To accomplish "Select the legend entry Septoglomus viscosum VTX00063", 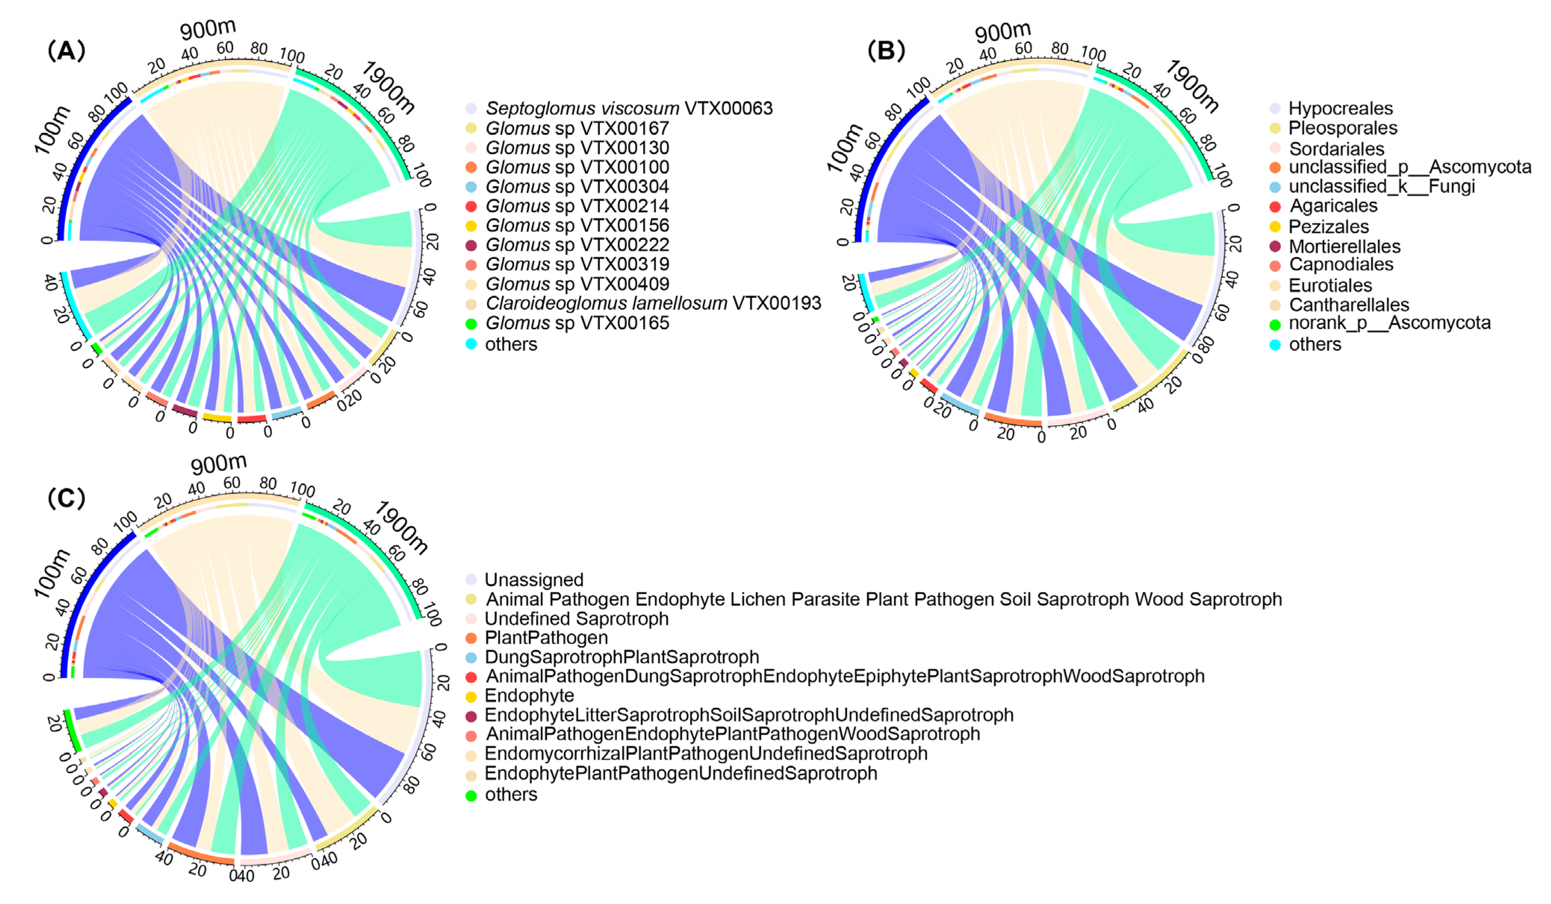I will (628, 108).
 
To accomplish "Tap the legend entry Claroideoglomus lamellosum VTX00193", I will (653, 303).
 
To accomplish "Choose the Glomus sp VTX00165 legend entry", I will (577, 323).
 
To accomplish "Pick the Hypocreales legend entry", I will (1340, 108).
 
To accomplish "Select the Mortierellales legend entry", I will (1344, 246).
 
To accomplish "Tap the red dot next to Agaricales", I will (1275, 206).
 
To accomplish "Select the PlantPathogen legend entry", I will (546, 638).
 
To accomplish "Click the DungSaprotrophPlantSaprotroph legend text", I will (622, 657).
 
